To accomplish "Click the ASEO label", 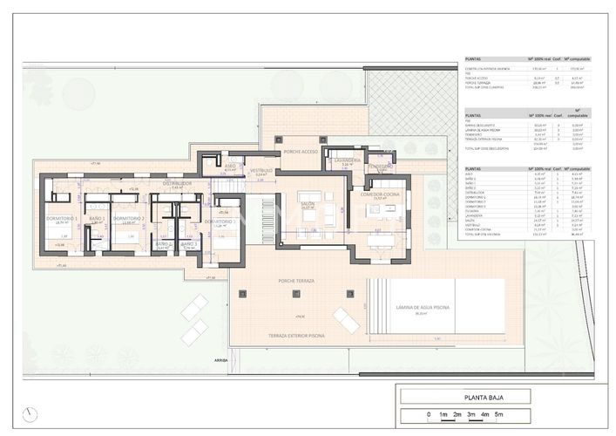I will click(230, 165).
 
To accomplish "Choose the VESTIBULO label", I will click(261, 171).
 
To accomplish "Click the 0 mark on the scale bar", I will click(428, 415).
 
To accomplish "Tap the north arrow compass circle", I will click(32, 413).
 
